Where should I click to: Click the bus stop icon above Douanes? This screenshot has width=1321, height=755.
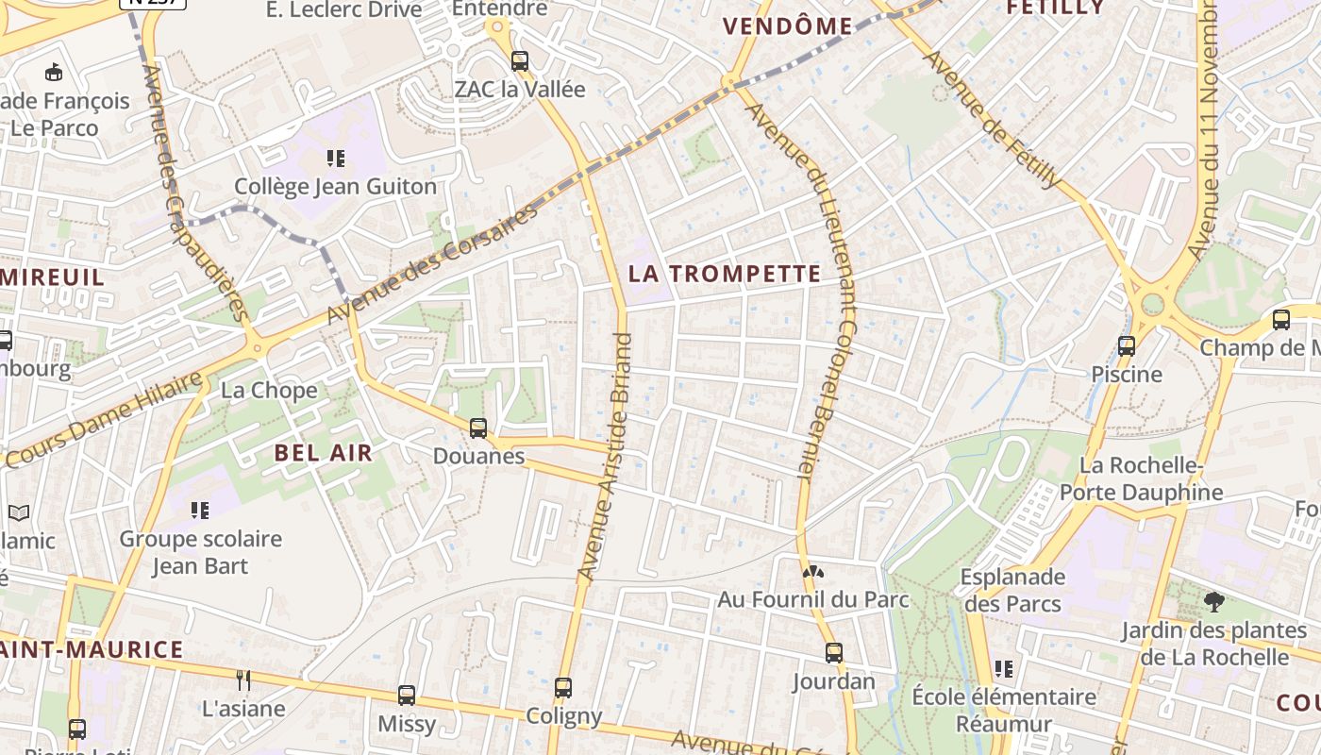pyautogui.click(x=478, y=428)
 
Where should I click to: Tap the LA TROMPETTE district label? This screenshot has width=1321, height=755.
pyautogui.click(x=725, y=275)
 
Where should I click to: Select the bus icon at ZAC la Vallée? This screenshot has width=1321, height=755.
pyautogui.click(x=520, y=62)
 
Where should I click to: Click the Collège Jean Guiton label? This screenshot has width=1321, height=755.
pyautogui.click(x=335, y=187)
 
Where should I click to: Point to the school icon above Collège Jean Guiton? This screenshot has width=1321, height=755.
pyautogui.click(x=336, y=158)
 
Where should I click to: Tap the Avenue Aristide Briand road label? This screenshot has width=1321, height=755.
pyautogui.click(x=608, y=456)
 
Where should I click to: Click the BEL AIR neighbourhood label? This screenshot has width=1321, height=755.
pyautogui.click(x=324, y=453)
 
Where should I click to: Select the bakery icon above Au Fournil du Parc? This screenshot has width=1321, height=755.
pyautogui.click(x=811, y=571)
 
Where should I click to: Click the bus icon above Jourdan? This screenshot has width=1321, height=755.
pyautogui.click(x=834, y=653)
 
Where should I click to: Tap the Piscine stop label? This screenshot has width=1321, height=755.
pyautogui.click(x=1127, y=375)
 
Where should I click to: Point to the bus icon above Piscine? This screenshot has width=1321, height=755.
pyautogui.click(x=1127, y=346)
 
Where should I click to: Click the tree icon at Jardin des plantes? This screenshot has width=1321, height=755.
pyautogui.click(x=1214, y=601)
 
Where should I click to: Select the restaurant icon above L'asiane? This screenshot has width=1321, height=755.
pyautogui.click(x=243, y=679)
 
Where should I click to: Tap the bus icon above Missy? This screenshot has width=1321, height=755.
pyautogui.click(x=407, y=696)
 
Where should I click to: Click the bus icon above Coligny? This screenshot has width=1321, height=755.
pyautogui.click(x=563, y=688)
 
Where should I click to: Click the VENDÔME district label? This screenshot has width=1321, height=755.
pyautogui.click(x=788, y=26)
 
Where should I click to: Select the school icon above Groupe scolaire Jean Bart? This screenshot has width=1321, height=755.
pyautogui.click(x=200, y=511)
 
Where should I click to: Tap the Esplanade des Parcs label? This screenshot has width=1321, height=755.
pyautogui.click(x=1012, y=590)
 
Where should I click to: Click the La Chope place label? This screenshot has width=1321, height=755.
pyautogui.click(x=269, y=391)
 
